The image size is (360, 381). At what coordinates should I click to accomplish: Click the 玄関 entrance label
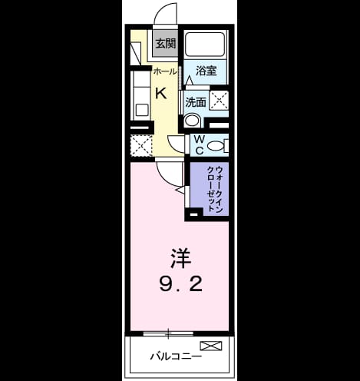[x=166, y=43]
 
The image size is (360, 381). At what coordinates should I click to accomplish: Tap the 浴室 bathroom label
[x=206, y=71]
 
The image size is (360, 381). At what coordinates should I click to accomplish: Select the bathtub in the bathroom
[x=205, y=44]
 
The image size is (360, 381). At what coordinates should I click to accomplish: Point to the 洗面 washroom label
[x=196, y=102]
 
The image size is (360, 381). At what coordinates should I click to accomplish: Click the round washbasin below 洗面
[x=192, y=121]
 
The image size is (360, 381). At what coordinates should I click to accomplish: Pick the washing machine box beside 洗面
[x=219, y=100]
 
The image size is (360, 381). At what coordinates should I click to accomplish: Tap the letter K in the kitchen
[x=161, y=93]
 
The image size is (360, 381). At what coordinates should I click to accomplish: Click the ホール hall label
[x=165, y=71]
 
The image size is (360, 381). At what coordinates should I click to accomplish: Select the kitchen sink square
[x=142, y=110]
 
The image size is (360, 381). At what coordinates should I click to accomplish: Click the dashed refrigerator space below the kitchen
[x=141, y=146]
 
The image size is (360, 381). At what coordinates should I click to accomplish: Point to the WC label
[x=200, y=145]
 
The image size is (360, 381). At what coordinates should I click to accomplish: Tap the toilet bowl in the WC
[x=216, y=146]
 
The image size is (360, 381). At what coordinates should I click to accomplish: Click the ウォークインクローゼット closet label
[x=215, y=189]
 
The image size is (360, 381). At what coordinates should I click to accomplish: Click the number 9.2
[x=181, y=283]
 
